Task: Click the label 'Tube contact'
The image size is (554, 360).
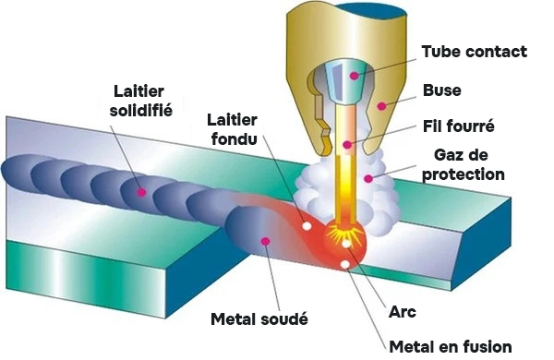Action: (474, 52)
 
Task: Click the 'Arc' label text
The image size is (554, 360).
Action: (404, 312)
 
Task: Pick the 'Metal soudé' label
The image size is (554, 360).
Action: (258, 318)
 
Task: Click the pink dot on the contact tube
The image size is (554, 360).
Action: (354, 69)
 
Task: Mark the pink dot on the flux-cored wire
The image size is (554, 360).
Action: (347, 144)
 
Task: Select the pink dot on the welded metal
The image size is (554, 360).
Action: (266, 241)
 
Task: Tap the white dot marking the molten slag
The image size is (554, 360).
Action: (307, 225)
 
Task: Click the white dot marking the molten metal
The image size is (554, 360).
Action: (345, 265)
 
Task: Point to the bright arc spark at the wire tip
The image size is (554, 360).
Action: (347, 236)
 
